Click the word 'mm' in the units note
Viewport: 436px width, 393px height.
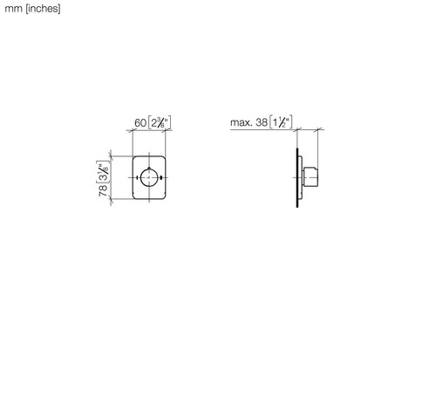click(13, 9)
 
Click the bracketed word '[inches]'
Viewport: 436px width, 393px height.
click(43, 9)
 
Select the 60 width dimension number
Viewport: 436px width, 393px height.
click(140, 123)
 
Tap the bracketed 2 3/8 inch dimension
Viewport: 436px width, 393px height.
click(160, 122)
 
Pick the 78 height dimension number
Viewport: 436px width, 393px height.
click(103, 190)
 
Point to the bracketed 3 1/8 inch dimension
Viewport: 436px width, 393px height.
click(103, 172)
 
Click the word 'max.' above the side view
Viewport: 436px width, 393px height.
click(242, 122)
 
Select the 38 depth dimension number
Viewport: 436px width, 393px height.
click(262, 122)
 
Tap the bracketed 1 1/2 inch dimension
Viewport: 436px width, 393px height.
click(281, 122)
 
